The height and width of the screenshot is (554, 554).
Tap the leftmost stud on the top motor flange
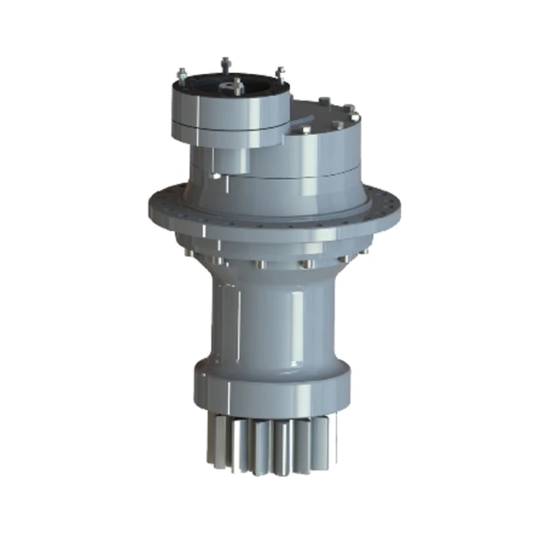click(182, 74)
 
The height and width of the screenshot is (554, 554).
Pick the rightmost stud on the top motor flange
click(280, 72)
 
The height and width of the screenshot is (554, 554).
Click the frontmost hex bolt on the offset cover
click(306, 130)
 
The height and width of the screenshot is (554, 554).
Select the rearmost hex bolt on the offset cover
click(323, 100)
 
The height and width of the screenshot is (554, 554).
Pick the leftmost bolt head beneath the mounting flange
click(190, 253)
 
